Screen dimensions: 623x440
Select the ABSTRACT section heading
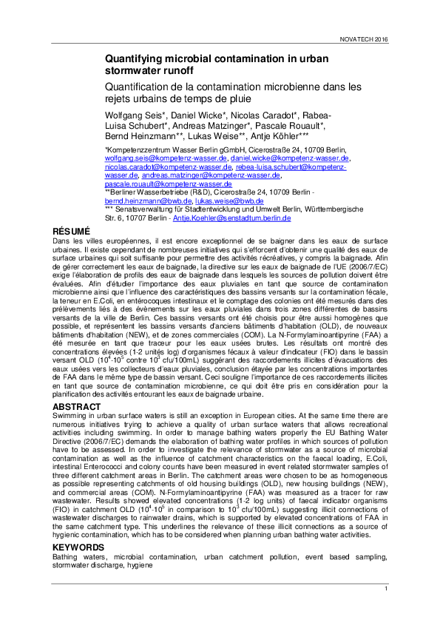click(77, 406)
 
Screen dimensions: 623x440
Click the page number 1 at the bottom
click(386, 587)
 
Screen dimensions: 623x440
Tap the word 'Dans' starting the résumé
click(60, 241)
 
